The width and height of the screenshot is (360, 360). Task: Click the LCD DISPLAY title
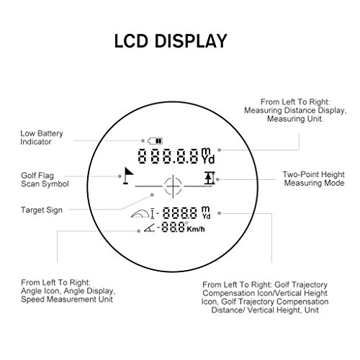pos(171,41)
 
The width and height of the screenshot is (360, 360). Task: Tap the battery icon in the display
pos(155,141)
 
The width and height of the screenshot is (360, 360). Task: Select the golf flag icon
pos(128,176)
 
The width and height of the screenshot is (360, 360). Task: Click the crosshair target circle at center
pos(173,186)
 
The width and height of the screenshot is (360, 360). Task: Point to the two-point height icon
pos(210,178)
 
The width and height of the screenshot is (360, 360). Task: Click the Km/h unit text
pos(196,229)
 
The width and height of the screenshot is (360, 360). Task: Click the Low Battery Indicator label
pos(42,138)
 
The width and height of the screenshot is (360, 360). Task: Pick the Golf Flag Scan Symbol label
pos(45,179)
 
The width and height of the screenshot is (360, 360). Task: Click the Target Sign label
pos(42,210)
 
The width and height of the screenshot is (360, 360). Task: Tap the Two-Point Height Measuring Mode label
pos(314,179)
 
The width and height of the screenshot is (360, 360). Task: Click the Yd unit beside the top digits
pos(208,159)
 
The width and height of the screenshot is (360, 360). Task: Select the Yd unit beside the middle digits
pos(206,216)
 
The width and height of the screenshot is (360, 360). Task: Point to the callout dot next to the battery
pos(143,140)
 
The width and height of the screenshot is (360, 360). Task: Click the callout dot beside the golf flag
pos(120,176)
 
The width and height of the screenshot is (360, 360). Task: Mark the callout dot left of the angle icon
pos(138,231)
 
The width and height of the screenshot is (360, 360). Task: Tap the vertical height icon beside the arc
pos(152,214)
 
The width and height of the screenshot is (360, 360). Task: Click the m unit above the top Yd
pos(206,151)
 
